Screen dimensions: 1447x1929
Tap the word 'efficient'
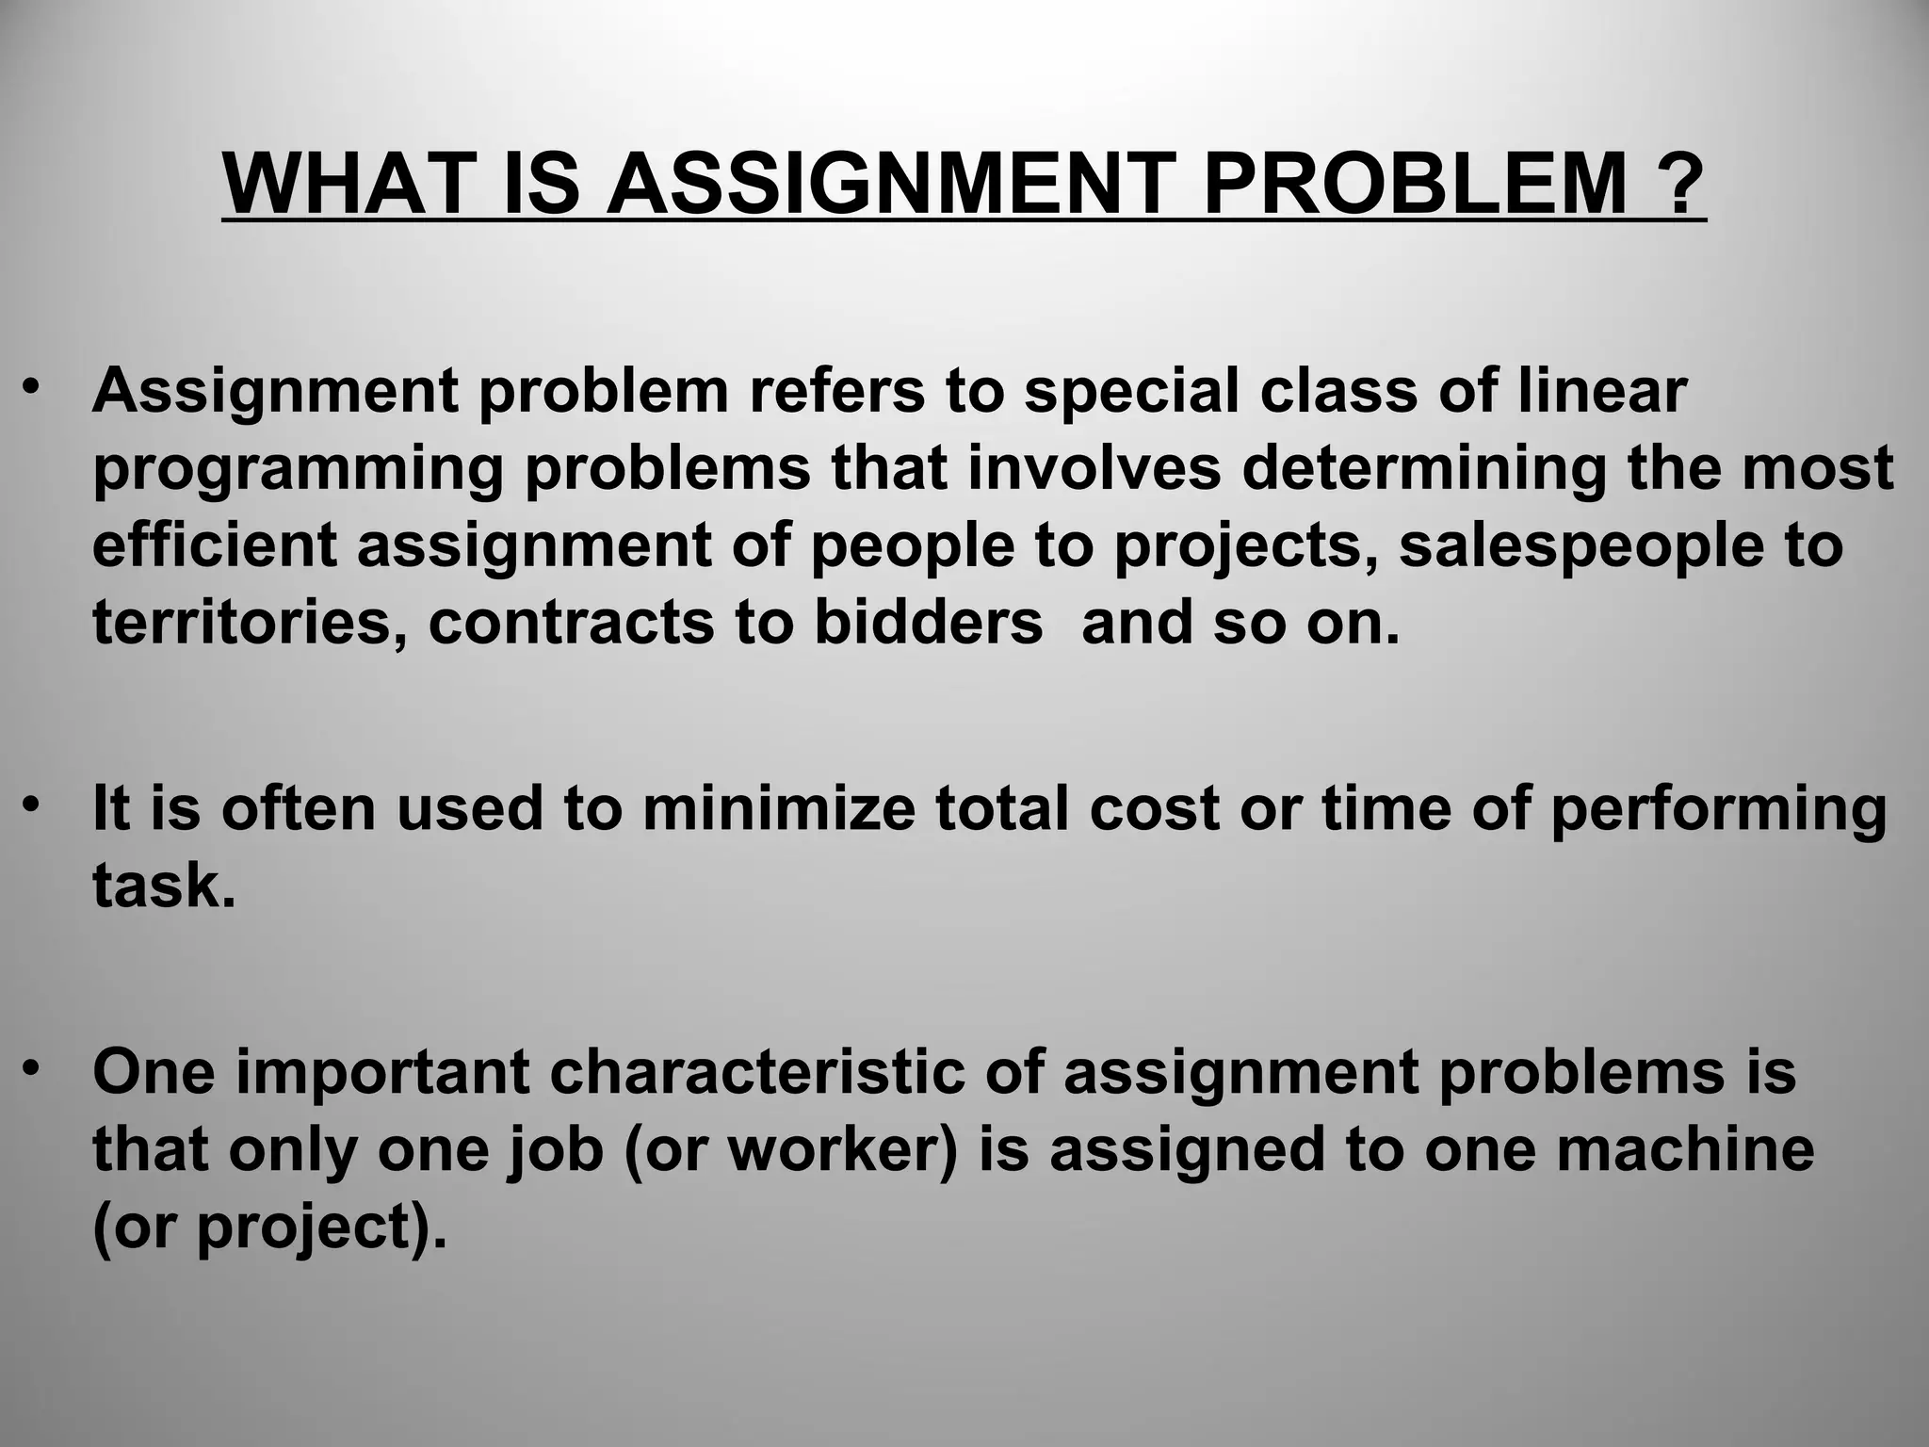[x=215, y=545]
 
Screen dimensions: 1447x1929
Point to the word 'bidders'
[x=928, y=623]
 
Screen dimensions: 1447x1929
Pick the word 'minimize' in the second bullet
[x=778, y=808]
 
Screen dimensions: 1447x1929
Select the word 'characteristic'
[x=757, y=1072]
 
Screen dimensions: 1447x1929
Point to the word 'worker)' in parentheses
[x=843, y=1149]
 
